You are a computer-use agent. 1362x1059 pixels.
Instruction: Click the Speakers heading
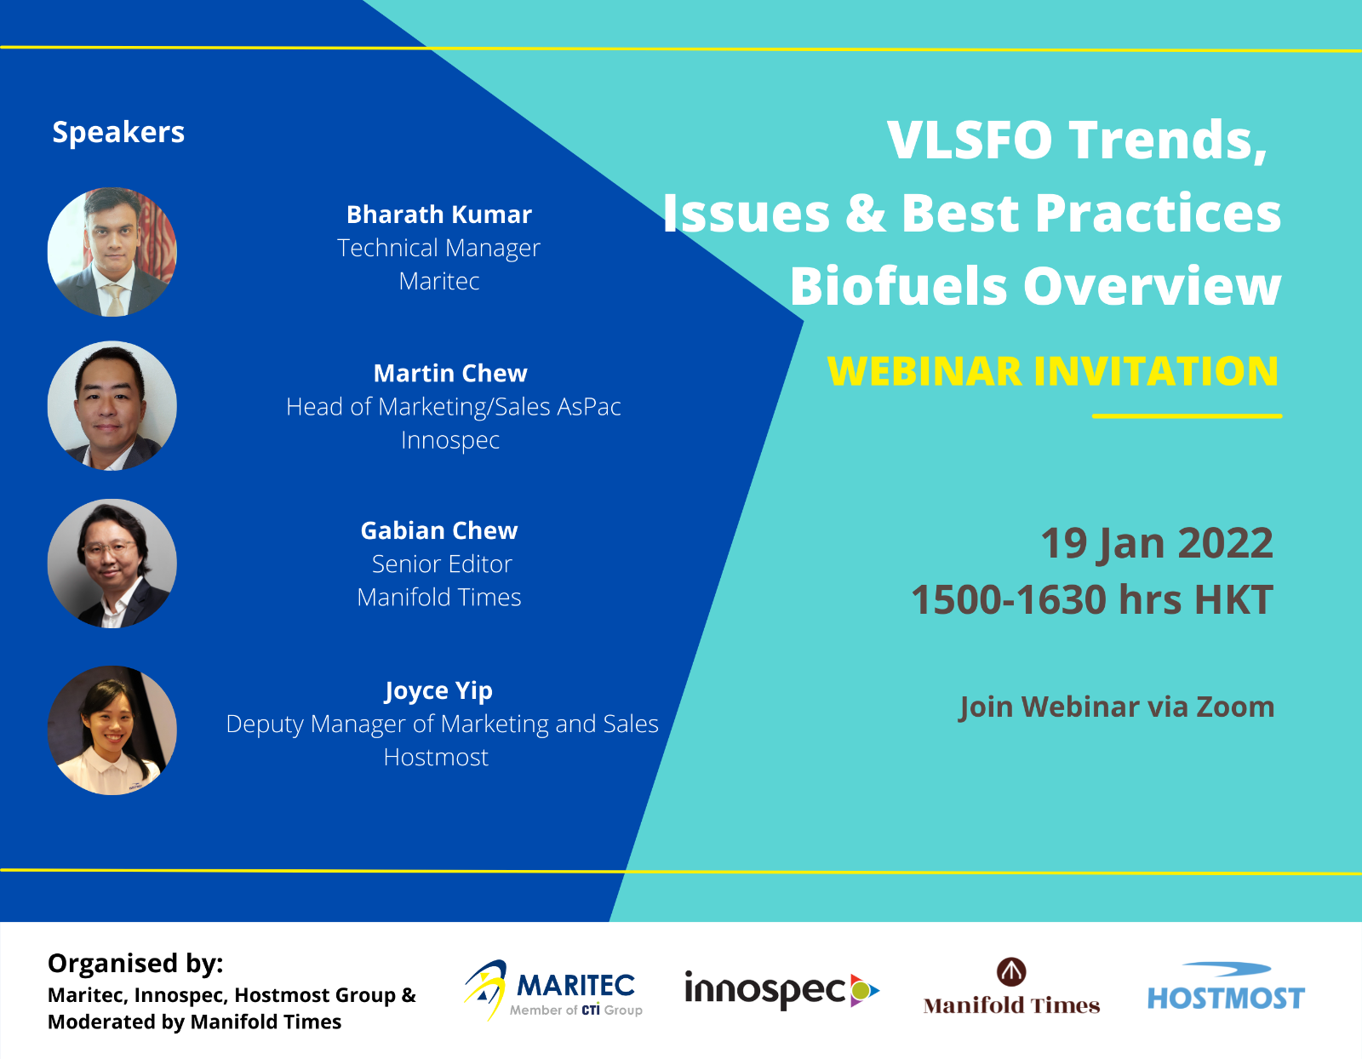(118, 133)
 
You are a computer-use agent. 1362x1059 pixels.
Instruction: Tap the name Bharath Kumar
(438, 215)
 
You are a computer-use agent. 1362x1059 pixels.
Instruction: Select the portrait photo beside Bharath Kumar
(112, 252)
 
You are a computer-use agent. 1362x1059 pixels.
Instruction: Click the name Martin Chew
(450, 374)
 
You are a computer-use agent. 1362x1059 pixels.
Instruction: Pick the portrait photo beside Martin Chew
(112, 405)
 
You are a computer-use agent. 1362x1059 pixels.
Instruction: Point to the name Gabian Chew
(438, 530)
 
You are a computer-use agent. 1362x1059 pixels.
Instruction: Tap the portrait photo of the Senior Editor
(112, 564)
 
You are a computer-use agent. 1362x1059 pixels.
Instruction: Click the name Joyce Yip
(438, 690)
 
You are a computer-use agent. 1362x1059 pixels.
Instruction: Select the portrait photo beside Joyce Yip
(112, 730)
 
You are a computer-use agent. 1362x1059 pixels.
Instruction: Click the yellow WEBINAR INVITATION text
(1053, 371)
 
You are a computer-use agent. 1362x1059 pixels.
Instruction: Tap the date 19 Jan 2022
(1157, 542)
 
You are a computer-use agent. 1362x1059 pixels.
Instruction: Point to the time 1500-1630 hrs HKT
(1092, 599)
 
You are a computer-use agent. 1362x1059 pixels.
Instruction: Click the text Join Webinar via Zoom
(1117, 707)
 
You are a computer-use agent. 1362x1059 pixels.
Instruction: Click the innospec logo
(782, 990)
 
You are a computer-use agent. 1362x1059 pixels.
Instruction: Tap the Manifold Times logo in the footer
(1011, 987)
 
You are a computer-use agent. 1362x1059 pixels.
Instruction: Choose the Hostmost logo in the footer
(1226, 987)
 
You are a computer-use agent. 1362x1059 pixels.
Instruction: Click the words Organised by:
(135, 964)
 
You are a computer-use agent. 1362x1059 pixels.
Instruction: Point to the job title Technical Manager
(438, 248)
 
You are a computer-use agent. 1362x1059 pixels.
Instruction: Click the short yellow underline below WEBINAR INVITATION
(1187, 416)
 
